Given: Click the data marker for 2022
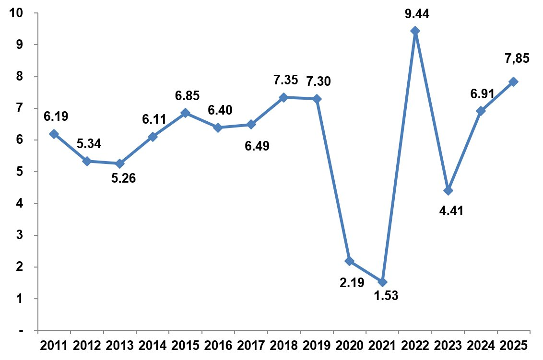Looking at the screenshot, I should click(415, 31).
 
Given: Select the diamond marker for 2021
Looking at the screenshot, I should click(382, 282).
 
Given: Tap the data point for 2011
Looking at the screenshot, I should click(54, 134).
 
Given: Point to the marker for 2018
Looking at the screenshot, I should click(283, 97).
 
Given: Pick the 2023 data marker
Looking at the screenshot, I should click(448, 191).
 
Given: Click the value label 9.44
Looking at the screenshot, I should click(416, 14).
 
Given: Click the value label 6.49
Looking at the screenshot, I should click(257, 145).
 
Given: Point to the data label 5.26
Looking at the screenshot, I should click(124, 178).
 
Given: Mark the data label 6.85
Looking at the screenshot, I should click(188, 95).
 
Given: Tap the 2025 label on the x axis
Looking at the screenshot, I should click(513, 345).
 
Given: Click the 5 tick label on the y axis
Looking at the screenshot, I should click(20, 172).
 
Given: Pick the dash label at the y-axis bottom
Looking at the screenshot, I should click(22, 331).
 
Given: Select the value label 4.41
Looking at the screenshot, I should click(451, 210).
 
